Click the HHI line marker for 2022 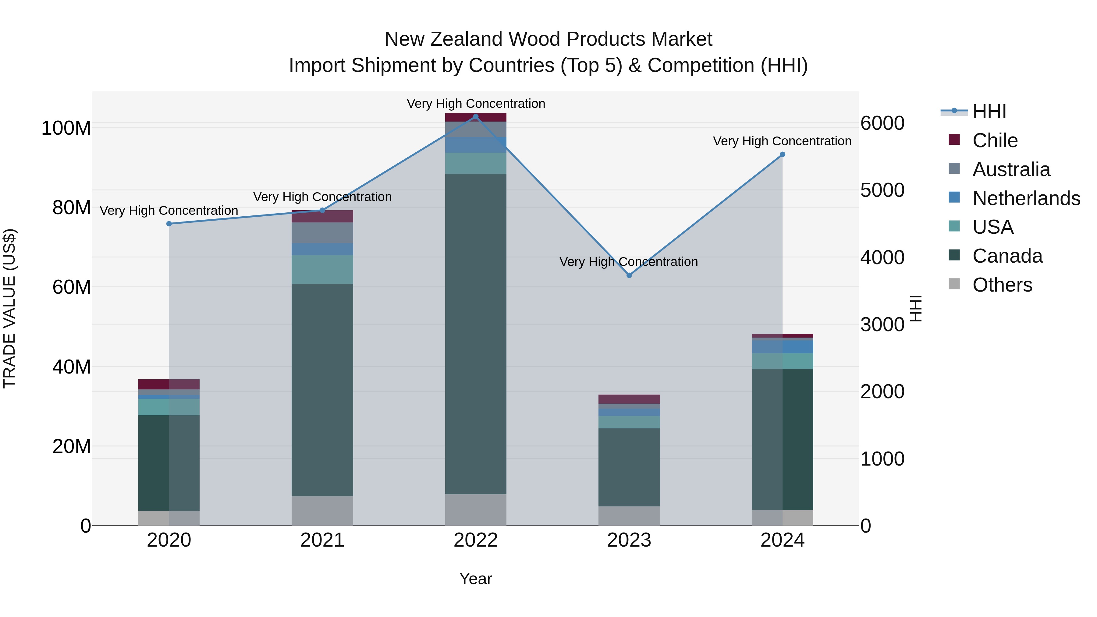[x=476, y=116]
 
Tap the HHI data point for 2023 [x=629, y=275]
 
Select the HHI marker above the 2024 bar [x=782, y=154]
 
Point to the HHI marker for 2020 [x=169, y=224]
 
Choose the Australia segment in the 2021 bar [x=322, y=232]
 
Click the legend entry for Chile [x=995, y=140]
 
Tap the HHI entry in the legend [x=989, y=112]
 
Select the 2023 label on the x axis [x=629, y=540]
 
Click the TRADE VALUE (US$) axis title [x=9, y=308]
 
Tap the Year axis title [x=476, y=579]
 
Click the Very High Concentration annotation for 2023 [x=629, y=261]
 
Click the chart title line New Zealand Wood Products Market [x=548, y=39]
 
